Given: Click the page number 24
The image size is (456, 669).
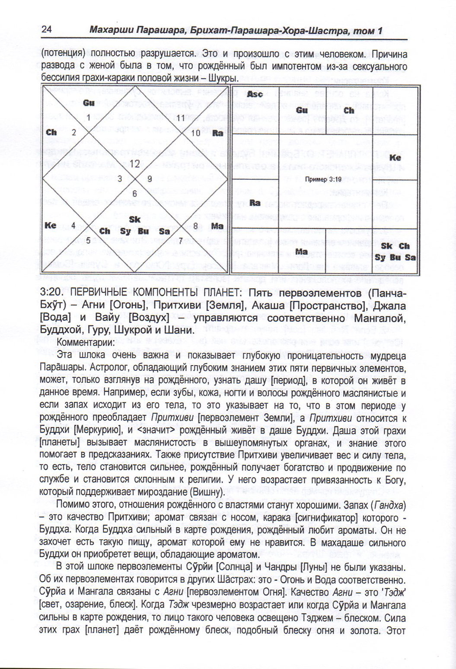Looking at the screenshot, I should [x=47, y=29].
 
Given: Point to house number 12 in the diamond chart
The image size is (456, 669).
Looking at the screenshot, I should [x=134, y=164].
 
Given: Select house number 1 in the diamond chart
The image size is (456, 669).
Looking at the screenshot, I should [x=88, y=118].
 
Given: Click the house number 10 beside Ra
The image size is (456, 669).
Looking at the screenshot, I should [x=196, y=133].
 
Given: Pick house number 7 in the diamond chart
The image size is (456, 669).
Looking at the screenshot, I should [x=180, y=240].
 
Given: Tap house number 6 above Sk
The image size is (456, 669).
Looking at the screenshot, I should [x=134, y=194].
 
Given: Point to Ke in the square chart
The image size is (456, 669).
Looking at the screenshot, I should [x=395, y=158].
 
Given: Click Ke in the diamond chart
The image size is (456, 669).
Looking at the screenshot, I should [x=51, y=225].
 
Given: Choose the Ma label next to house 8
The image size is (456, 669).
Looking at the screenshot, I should [x=217, y=226].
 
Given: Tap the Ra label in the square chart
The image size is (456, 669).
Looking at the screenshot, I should [x=255, y=203].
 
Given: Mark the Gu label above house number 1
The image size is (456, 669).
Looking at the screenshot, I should [x=89, y=103].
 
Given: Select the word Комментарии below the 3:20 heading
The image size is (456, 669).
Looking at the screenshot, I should [x=86, y=342].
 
